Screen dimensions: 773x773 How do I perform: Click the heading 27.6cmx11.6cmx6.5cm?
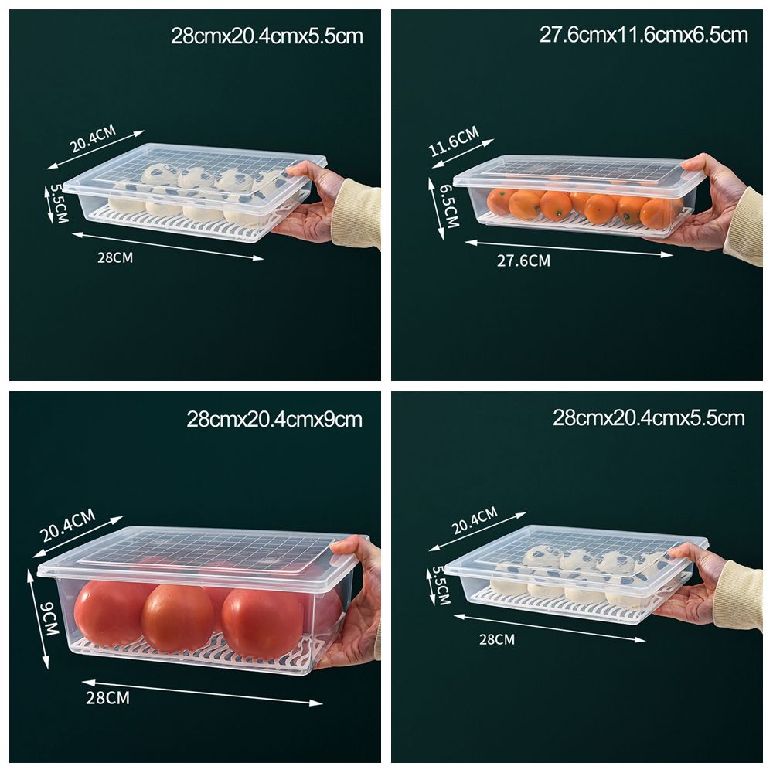643,35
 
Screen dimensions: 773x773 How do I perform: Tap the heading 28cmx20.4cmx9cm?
274,420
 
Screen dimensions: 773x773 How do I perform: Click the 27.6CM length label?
523,261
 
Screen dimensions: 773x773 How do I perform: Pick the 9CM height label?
50,618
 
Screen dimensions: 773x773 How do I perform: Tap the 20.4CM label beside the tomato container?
67,525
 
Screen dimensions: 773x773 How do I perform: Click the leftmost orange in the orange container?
500,202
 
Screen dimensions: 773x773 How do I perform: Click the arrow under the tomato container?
201,692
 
